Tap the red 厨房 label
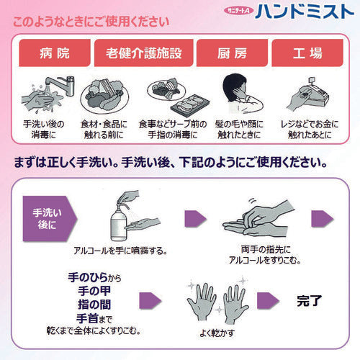tap(223, 53)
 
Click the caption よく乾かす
tap(215, 333)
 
